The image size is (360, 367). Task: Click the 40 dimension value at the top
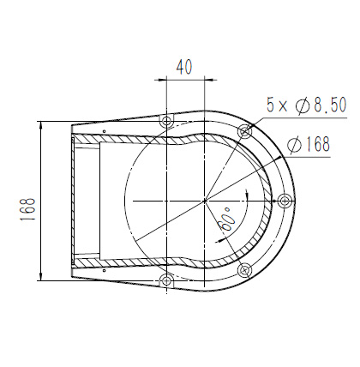[184, 67]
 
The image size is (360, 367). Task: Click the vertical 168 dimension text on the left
[27, 209]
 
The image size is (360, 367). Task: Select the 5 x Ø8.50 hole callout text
[306, 105]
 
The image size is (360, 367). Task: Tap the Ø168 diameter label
[309, 144]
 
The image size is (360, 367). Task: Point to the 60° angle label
[227, 220]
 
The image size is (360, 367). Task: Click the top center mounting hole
[166, 122]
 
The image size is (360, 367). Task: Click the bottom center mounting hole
[166, 280]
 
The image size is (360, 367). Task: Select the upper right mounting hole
[244, 132]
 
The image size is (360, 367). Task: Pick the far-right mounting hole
[285, 201]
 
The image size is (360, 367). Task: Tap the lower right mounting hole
[244, 270]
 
